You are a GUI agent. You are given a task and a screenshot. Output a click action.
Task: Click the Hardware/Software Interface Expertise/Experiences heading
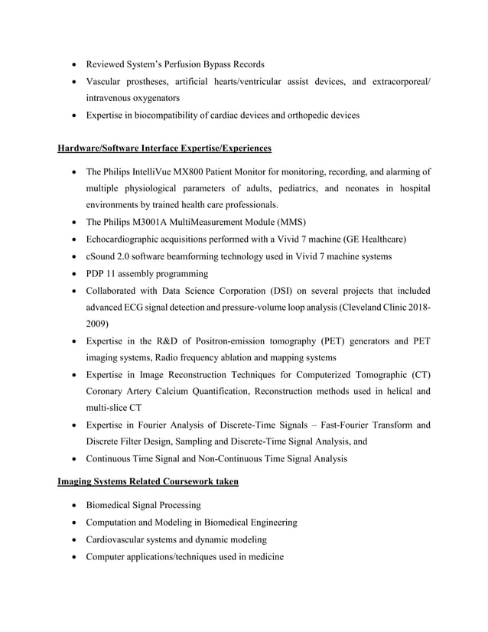pos(164,147)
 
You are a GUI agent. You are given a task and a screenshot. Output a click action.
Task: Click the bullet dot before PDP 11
pos(74,274)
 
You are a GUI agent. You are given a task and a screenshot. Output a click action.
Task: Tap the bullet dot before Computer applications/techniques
pos(74,556)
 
